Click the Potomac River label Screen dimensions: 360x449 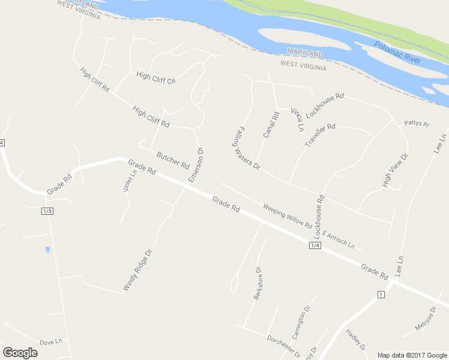click(x=398, y=53)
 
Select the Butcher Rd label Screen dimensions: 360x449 click(x=173, y=160)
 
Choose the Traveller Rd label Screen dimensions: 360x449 click(x=320, y=136)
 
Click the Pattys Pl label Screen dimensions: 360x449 click(x=417, y=124)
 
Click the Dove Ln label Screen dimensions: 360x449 click(x=51, y=342)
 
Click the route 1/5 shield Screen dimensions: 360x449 click(x=48, y=211)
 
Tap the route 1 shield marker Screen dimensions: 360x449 click(x=380, y=294)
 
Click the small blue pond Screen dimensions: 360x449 click(x=47, y=249)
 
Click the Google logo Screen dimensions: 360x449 click(x=20, y=353)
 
